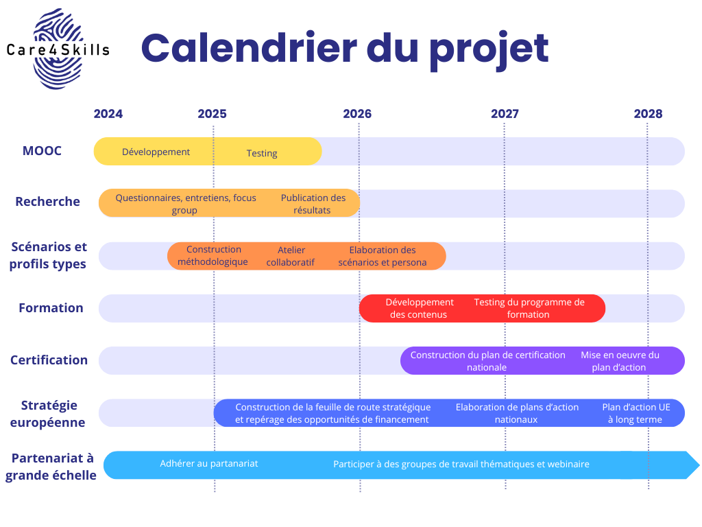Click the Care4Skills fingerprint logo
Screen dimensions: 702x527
[x=58, y=49]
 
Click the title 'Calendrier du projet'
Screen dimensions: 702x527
[x=345, y=49]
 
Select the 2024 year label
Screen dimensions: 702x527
[x=108, y=114]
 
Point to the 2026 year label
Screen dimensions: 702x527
[x=357, y=114]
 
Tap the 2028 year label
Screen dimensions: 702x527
[x=648, y=114]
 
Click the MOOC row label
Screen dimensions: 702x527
[x=42, y=150]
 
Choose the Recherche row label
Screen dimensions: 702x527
[x=47, y=202]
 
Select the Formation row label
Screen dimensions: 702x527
[x=51, y=308]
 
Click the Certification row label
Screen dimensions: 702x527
[x=49, y=360]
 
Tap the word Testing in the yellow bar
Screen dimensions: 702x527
[x=262, y=153]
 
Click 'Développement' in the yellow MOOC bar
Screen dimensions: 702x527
[x=156, y=152]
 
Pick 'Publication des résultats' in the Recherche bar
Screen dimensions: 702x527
[x=313, y=204]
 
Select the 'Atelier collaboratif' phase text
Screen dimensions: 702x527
[x=291, y=256]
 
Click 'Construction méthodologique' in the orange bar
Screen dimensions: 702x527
[x=213, y=255]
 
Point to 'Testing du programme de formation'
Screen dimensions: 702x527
[x=529, y=308]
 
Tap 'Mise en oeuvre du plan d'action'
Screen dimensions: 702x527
[x=620, y=361]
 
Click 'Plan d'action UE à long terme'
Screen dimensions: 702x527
[x=636, y=413]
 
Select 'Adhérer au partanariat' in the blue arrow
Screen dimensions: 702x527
[x=209, y=463]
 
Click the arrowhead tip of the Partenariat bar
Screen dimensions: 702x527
[x=699, y=465]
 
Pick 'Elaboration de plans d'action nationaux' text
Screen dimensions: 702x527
[x=517, y=413]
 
